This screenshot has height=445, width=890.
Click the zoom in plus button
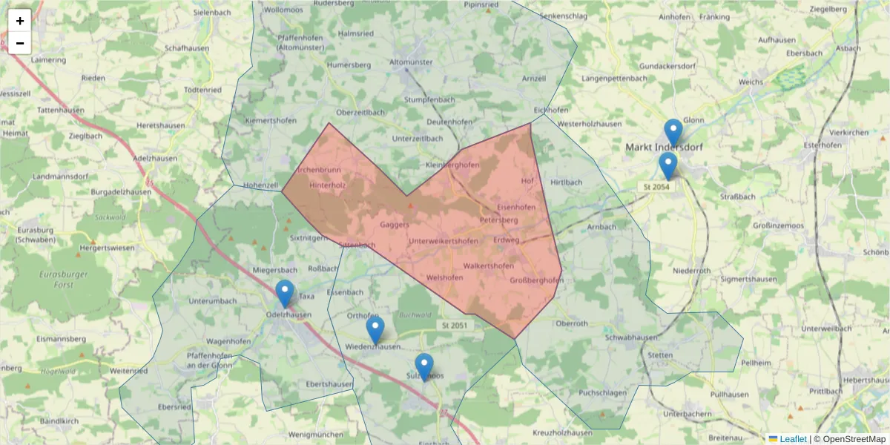coord(20,21)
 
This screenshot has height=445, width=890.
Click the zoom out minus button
coord(20,43)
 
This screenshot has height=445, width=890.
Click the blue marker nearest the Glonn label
coord(673,133)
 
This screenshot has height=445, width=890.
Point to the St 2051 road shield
coord(455,325)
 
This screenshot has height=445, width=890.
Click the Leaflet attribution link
coord(792,439)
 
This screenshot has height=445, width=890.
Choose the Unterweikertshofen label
coord(444,241)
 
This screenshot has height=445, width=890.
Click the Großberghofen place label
coord(537,280)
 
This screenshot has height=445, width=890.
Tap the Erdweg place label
coord(506,240)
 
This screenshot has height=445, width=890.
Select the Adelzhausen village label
coord(156,159)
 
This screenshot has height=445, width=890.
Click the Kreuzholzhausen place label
coord(563,432)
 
